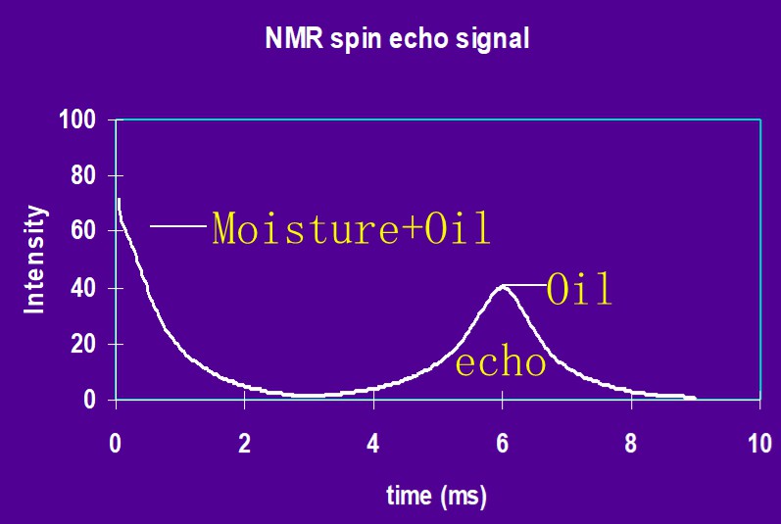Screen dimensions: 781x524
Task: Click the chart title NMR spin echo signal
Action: click(x=397, y=39)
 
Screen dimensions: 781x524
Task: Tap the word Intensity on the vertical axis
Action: click(x=35, y=260)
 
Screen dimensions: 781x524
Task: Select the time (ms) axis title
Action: click(x=436, y=497)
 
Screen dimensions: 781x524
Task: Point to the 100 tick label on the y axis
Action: click(x=77, y=119)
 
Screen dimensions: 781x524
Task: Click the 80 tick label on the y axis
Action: click(x=83, y=176)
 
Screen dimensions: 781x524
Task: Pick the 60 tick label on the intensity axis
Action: click(x=83, y=231)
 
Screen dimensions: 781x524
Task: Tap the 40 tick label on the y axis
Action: click(x=83, y=289)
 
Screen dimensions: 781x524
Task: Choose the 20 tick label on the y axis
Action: click(x=83, y=345)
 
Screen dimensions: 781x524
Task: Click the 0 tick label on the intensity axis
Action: click(x=89, y=400)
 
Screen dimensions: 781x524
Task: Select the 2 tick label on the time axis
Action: click(x=245, y=444)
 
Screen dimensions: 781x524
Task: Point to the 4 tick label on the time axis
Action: click(x=373, y=444)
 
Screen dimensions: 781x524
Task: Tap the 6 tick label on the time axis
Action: click(x=503, y=444)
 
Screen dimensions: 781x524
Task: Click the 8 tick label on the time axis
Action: click(x=631, y=444)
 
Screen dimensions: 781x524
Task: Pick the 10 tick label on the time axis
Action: click(x=760, y=444)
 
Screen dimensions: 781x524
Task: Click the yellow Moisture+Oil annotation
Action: click(x=351, y=228)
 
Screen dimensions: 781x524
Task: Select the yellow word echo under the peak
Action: click(x=501, y=362)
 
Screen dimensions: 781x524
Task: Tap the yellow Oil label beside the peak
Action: click(x=579, y=289)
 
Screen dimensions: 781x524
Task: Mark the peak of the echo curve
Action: click(x=502, y=287)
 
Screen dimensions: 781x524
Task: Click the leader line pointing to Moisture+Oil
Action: click(x=178, y=226)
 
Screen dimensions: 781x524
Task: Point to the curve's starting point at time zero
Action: click(x=119, y=200)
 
